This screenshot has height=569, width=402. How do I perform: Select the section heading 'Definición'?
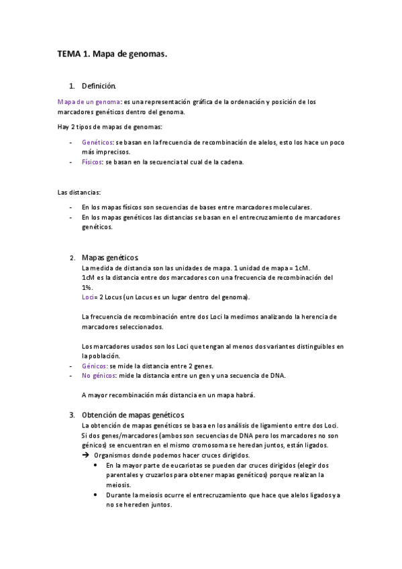point(99,86)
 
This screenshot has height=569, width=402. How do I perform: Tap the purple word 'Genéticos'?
point(97,143)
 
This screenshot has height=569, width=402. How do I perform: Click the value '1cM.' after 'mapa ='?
point(302,268)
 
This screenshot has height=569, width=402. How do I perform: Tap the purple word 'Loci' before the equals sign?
point(87,297)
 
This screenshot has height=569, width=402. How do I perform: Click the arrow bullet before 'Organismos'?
point(85,455)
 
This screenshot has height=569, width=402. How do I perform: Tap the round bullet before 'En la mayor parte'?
point(99,465)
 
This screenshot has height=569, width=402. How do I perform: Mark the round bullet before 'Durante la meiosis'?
point(99,495)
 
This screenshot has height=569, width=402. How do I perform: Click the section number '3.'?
point(72,415)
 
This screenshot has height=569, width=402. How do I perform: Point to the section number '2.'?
point(72,258)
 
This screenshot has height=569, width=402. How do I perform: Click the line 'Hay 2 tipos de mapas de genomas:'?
point(109,127)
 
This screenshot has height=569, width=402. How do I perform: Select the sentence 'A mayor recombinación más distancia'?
point(168,395)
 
